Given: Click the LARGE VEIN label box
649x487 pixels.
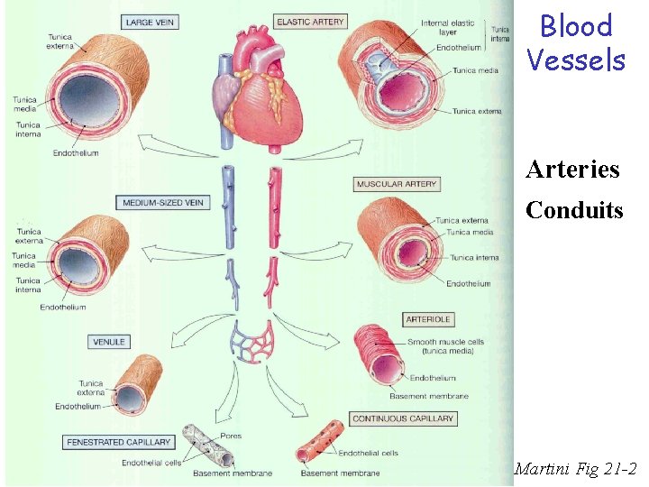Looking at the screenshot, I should (151, 21).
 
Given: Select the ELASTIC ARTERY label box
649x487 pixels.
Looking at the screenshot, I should (310, 21).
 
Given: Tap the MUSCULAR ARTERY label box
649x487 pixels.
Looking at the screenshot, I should (397, 184).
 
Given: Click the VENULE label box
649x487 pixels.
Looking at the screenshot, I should (109, 342).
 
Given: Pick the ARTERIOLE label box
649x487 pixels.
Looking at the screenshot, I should (428, 319).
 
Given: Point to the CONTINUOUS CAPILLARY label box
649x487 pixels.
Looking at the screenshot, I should (403, 418).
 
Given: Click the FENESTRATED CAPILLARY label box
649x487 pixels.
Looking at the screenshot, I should (119, 442).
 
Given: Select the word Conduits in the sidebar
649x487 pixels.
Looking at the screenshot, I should (574, 210).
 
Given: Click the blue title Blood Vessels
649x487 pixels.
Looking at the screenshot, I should (575, 42).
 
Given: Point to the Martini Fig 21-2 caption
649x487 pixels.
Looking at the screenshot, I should (575, 469).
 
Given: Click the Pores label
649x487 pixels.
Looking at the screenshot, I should (231, 436).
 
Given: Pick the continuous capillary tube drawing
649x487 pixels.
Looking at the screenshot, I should (316, 448).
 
